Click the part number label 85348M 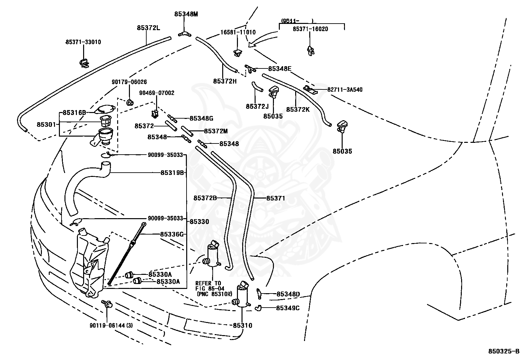coord(186,14)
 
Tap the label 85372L coord(148,28)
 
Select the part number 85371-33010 coord(83,42)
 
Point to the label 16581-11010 coord(238,32)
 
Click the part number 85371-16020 coord(310,29)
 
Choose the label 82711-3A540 coord(345,90)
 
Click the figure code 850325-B coord(504,351)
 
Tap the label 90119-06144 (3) coord(111,326)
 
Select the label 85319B coord(172,173)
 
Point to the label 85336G coord(172,234)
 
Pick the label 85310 coord(243,326)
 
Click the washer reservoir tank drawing coord(90,263)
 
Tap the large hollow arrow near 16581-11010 coord(263,40)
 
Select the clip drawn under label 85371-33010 coord(84,63)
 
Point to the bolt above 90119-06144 coord(107,304)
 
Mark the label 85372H coord(225,81)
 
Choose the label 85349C coord(288,308)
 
